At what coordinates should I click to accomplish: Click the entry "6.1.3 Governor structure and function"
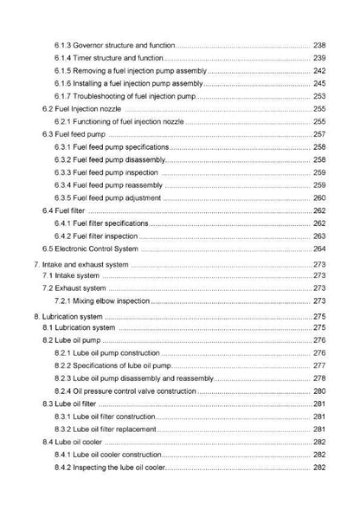click(114, 44)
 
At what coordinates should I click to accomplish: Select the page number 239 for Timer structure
click(318, 57)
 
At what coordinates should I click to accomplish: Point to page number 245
click(318, 83)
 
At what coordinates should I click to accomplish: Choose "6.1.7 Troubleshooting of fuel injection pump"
click(125, 96)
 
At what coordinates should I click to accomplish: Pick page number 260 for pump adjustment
click(318, 197)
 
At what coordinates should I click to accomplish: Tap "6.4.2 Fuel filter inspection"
click(96, 236)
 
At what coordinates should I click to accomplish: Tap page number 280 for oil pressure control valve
click(318, 391)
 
